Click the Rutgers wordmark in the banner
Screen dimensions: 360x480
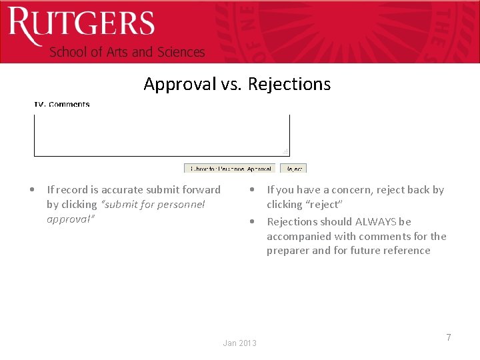(x=81, y=25)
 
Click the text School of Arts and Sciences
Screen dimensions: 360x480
(x=127, y=52)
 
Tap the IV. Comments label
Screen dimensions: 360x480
(x=62, y=104)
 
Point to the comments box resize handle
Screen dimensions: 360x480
(x=285, y=152)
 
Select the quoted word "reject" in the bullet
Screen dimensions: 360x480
(x=323, y=204)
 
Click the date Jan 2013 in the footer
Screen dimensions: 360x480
(x=239, y=343)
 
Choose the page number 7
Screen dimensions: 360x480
(x=449, y=337)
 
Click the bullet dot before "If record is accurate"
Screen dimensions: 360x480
(x=33, y=189)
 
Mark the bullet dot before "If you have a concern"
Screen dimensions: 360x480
(x=252, y=189)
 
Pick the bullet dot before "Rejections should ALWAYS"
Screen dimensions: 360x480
(x=252, y=221)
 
